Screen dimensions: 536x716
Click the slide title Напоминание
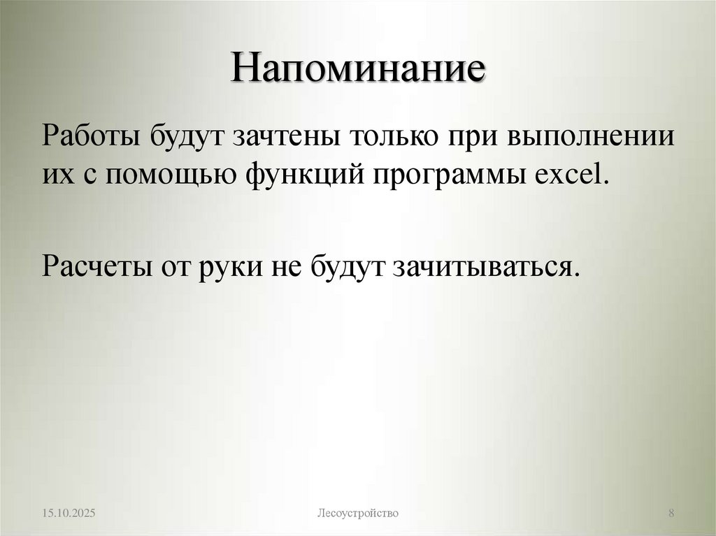point(358,71)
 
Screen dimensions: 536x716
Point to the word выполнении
point(591,135)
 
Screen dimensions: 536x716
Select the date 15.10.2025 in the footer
point(68,514)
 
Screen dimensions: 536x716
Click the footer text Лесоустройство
point(358,514)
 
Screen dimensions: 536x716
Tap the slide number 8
point(671,514)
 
